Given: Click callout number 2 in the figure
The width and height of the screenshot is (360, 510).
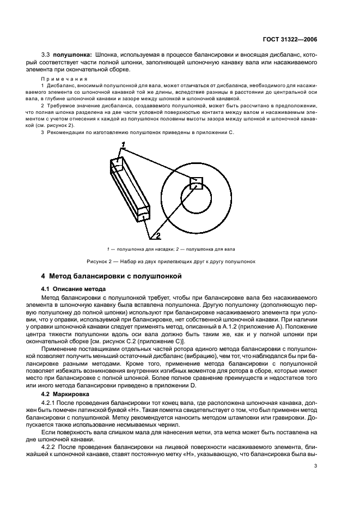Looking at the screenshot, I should (x=157, y=236).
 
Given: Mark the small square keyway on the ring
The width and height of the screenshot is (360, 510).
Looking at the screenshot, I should (x=196, y=183).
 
